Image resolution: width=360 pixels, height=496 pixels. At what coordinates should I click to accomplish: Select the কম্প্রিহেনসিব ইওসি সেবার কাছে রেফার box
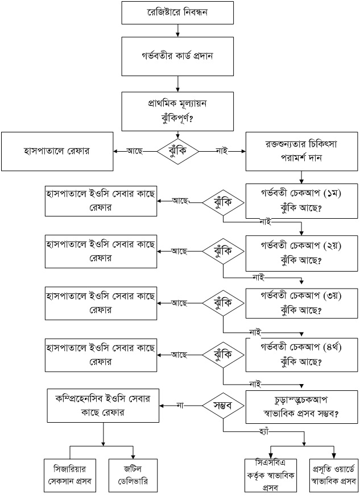pyautogui.click(x=103, y=406)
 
